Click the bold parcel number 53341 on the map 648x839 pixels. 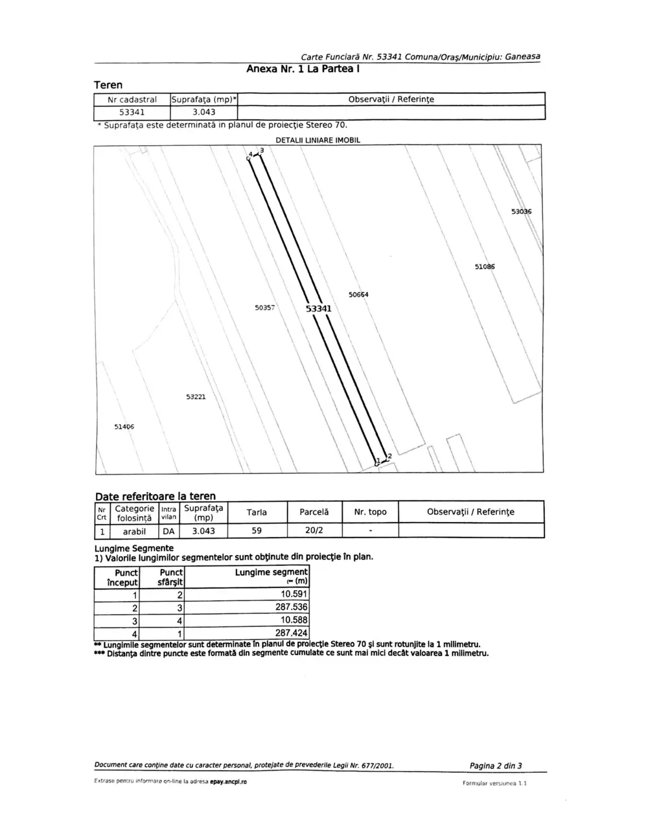[318, 309]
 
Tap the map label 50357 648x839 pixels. [265, 307]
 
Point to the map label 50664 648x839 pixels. [358, 294]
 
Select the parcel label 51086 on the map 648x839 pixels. [485, 266]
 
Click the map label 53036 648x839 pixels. [521, 212]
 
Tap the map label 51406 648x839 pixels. [124, 427]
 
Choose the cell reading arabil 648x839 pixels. [134, 531]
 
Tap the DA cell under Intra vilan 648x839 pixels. [168, 531]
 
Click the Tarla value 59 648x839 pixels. [257, 531]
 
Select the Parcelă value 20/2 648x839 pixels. [314, 531]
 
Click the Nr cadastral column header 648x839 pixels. [132, 100]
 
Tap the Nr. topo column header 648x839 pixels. [370, 512]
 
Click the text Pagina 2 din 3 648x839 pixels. [496, 766]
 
